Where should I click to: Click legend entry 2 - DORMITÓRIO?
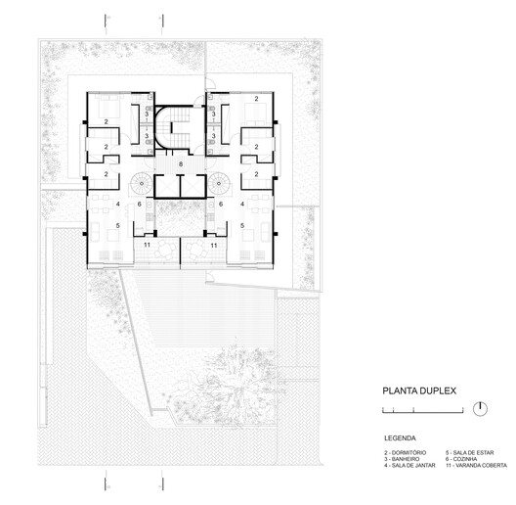click(x=407, y=451)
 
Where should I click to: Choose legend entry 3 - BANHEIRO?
click(x=405, y=458)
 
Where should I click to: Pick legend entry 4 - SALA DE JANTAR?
click(x=410, y=465)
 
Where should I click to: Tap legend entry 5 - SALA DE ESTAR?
click(x=478, y=451)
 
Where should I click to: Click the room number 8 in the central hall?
click(x=180, y=164)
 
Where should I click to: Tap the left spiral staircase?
click(x=143, y=183)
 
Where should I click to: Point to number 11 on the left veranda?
click(x=147, y=247)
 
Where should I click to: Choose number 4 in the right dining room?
click(x=241, y=204)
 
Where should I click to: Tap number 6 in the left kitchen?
click(x=140, y=204)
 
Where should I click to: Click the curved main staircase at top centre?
click(x=179, y=127)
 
